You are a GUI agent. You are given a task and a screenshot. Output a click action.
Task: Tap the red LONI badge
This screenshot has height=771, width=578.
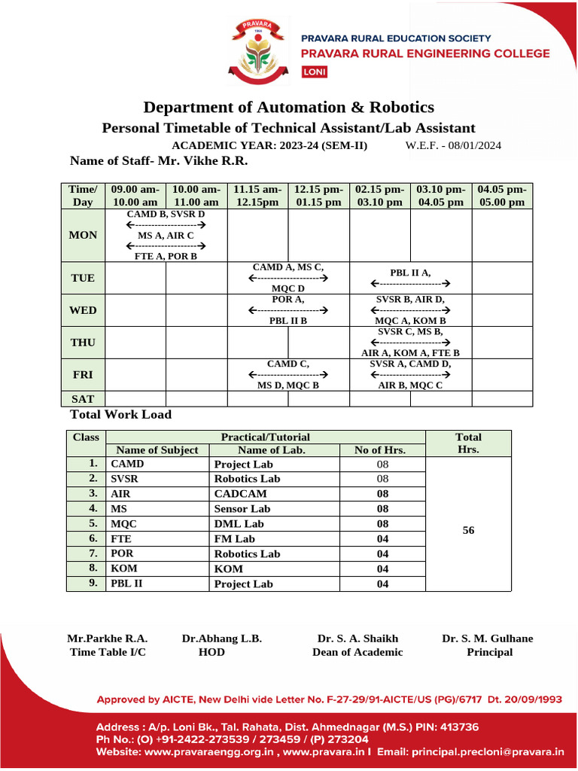pyautogui.click(x=312, y=72)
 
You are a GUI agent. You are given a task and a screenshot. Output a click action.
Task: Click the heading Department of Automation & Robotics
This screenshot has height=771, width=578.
pyautogui.click(x=288, y=107)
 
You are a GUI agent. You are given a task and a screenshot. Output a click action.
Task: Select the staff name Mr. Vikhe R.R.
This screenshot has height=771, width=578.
pyautogui.click(x=202, y=160)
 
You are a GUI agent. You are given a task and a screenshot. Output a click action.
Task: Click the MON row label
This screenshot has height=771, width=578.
pyautogui.click(x=83, y=235)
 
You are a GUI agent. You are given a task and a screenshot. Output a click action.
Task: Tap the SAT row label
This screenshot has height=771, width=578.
pyautogui.click(x=83, y=399)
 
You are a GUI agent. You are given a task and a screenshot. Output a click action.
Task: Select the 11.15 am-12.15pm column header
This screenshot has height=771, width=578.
pyautogui.click(x=257, y=196)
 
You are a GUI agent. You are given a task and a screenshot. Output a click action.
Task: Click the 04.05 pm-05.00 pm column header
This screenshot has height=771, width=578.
pyautogui.click(x=502, y=196)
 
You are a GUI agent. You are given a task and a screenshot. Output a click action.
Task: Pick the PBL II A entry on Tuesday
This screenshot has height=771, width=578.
pyautogui.click(x=410, y=273)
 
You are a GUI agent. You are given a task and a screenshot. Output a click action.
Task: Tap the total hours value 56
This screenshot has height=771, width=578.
pyautogui.click(x=468, y=530)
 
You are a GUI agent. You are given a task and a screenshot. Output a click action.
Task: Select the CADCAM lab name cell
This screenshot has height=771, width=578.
pyautogui.click(x=241, y=494)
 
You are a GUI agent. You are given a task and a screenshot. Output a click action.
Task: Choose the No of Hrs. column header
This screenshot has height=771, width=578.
pyautogui.click(x=382, y=450)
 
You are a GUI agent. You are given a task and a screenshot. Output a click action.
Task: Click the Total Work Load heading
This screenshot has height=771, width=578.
pyautogui.click(x=120, y=415)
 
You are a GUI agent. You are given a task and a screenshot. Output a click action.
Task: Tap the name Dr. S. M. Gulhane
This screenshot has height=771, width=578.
pyautogui.click(x=488, y=638)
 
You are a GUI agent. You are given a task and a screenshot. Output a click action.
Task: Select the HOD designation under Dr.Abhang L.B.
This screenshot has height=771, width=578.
pyautogui.click(x=211, y=652)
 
